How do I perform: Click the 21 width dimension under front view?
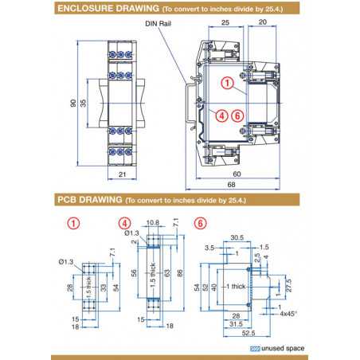pyautogui.click(x=123, y=174)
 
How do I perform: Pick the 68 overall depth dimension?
pyautogui.click(x=237, y=186)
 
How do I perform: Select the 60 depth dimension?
pyautogui.click(x=237, y=173)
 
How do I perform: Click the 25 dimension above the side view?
pyautogui.click(x=226, y=24)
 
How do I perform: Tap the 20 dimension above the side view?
pyautogui.click(x=263, y=24)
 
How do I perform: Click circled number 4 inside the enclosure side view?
pyautogui.click(x=222, y=115)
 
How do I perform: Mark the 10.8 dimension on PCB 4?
pyautogui.click(x=154, y=222)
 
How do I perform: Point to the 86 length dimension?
pyautogui.click(x=179, y=272)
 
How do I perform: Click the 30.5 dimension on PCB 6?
pyautogui.click(x=236, y=237)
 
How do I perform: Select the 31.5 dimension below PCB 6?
pyautogui.click(x=237, y=324)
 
